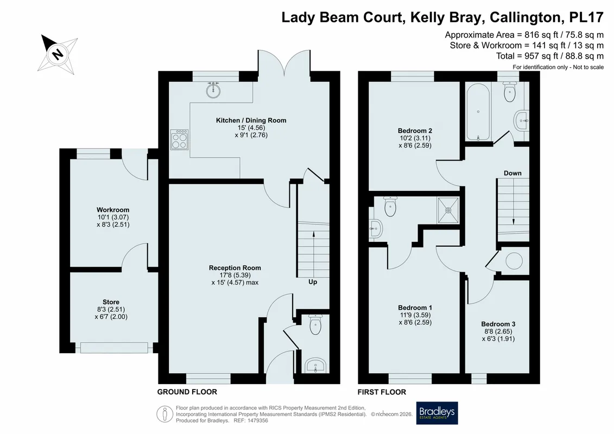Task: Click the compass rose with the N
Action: pyautogui.click(x=58, y=54)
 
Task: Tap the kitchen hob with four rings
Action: pyautogui.click(x=179, y=140)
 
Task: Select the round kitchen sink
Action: pyautogui.click(x=213, y=91)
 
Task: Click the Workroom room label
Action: pyautogui.click(x=113, y=210)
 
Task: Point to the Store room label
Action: pyautogui.click(x=111, y=302)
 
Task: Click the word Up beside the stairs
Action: pyautogui.click(x=313, y=282)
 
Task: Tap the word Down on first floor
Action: pyautogui.click(x=512, y=173)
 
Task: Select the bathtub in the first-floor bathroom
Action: pyautogui.click(x=478, y=112)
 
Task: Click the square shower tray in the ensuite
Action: pyautogui.click(x=448, y=210)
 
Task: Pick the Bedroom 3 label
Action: pyautogui.click(x=498, y=324)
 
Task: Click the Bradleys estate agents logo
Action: pyautogui.click(x=437, y=413)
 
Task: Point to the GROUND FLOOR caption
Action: pyautogui.click(x=187, y=392)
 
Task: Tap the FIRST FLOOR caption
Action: pyautogui.click(x=382, y=392)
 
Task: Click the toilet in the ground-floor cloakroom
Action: pyautogui.click(x=315, y=324)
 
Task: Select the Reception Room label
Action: pyautogui.click(x=235, y=268)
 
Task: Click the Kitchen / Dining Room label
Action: pyautogui.click(x=251, y=120)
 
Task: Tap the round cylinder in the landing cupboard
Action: pyautogui.click(x=514, y=260)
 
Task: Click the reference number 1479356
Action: pyautogui.click(x=256, y=420)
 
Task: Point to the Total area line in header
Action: pyautogui.click(x=550, y=56)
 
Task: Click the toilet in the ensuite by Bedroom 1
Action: pyautogui.click(x=390, y=206)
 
